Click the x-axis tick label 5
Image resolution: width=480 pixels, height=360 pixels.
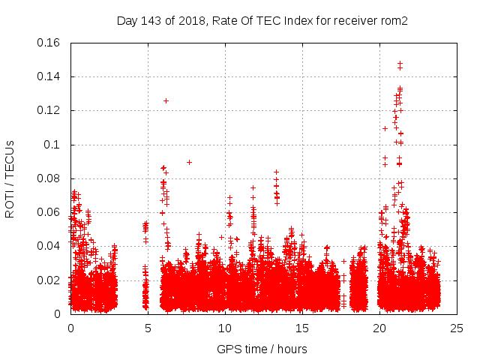point(148,328)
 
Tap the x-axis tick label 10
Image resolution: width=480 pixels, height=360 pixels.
point(225,328)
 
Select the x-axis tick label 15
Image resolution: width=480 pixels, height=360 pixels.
point(302,328)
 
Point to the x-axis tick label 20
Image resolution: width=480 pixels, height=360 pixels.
point(379,328)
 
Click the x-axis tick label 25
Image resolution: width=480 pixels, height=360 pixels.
point(457,328)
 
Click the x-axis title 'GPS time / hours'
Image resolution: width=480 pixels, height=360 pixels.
point(262,349)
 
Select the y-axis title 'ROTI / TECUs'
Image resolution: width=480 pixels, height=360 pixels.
point(10,178)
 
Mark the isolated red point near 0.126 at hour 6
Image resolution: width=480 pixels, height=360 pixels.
point(166,100)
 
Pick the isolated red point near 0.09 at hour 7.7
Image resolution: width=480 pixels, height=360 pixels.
point(189,162)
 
